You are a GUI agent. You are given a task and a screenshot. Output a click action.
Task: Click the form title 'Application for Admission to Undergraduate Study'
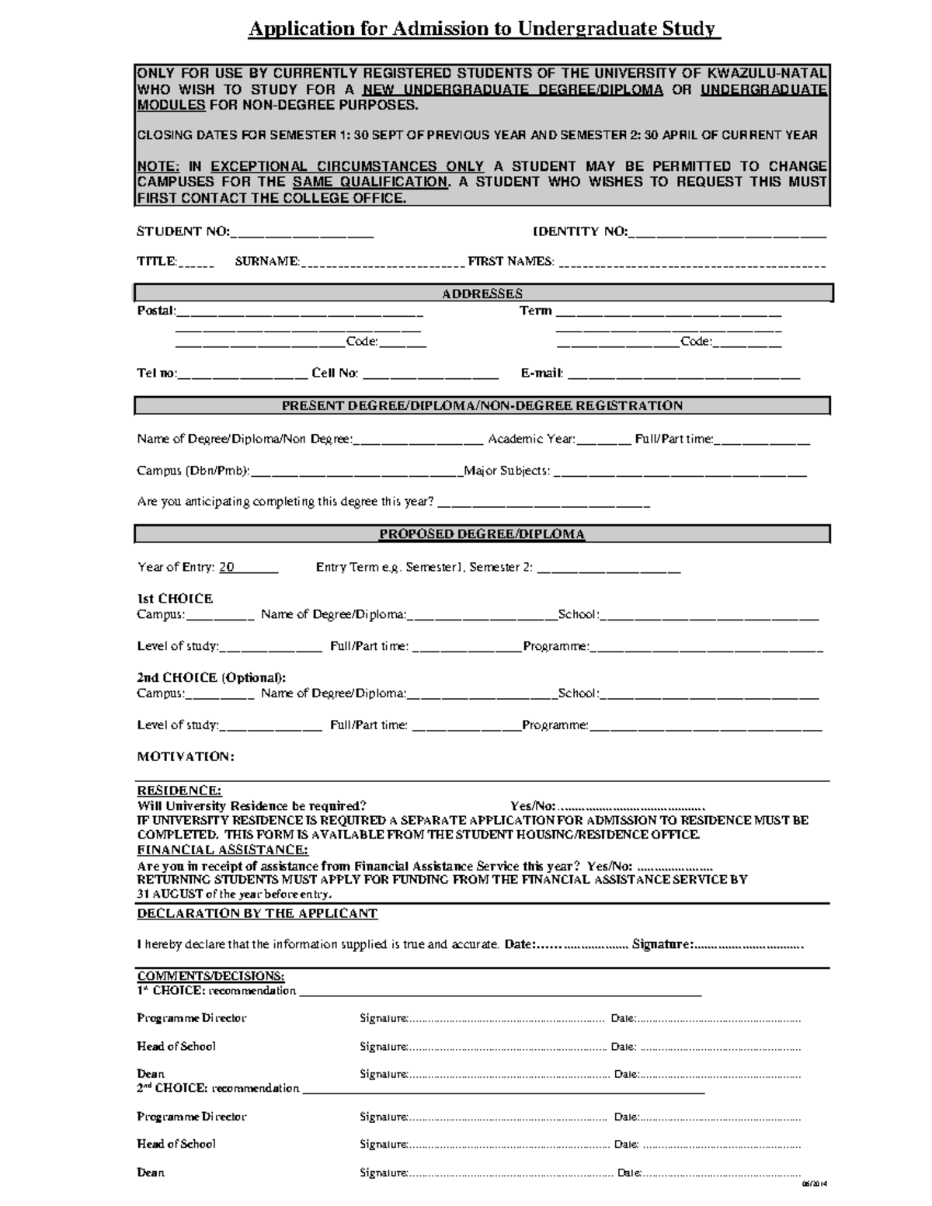point(482,30)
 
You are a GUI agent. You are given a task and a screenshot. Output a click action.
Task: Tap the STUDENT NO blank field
point(302,232)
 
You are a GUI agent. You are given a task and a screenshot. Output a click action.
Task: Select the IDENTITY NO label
point(579,231)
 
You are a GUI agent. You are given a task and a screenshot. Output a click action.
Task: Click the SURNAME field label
point(266,262)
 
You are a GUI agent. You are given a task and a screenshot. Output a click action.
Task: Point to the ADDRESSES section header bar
point(482,294)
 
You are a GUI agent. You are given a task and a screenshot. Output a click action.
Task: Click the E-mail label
point(541,374)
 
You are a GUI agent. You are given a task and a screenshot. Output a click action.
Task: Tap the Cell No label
point(335,374)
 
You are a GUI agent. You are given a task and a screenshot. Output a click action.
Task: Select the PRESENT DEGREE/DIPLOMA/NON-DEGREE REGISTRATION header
point(482,406)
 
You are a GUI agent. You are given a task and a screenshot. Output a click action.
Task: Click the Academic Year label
point(531,440)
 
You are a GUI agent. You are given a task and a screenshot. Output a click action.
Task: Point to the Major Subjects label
point(507,471)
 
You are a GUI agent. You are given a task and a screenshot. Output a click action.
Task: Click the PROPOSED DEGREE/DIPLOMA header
point(482,534)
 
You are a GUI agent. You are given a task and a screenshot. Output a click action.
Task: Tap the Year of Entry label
point(176,568)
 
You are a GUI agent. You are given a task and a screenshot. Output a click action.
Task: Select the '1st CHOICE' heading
point(175,599)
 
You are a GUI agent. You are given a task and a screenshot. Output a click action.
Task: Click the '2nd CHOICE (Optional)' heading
point(211,678)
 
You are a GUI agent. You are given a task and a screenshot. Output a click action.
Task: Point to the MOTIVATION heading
point(185,756)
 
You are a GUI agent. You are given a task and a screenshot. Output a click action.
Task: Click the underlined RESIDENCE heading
point(179,791)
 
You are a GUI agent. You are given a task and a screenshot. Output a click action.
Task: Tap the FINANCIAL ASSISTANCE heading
point(222,850)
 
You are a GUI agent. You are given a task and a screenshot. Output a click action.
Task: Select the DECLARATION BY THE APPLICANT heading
point(257,914)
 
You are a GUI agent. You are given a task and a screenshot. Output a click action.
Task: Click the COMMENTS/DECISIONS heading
point(210,976)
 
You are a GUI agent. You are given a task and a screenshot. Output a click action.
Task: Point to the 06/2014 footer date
point(815,1184)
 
